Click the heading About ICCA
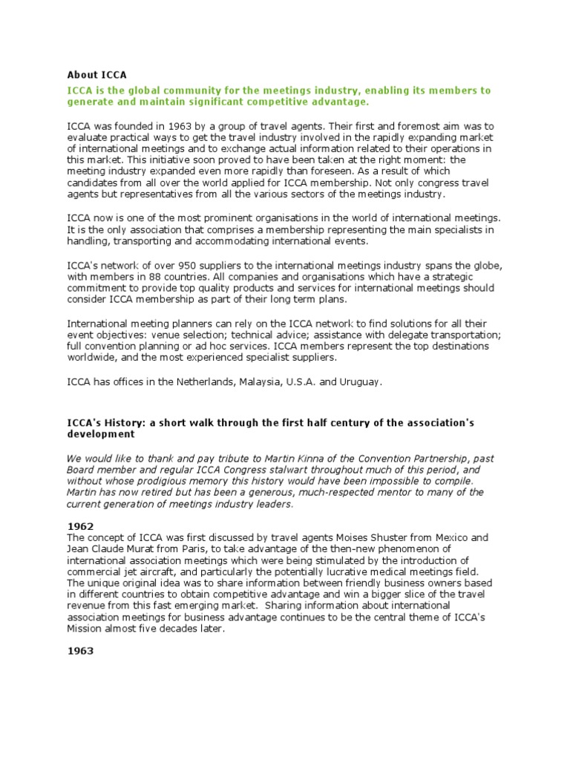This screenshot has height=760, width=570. [97, 74]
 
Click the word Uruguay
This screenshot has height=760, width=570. [360, 381]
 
